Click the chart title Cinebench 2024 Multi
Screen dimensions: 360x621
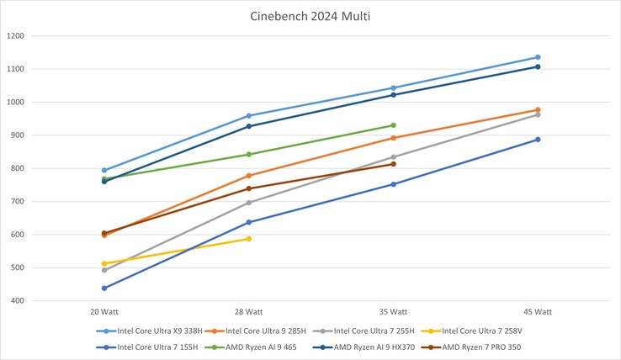pyautogui.click(x=310, y=16)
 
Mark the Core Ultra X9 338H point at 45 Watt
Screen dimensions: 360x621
pyautogui.click(x=538, y=57)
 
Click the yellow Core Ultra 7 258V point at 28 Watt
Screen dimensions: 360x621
pyautogui.click(x=248, y=239)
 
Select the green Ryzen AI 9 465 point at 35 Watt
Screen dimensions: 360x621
pyautogui.click(x=393, y=125)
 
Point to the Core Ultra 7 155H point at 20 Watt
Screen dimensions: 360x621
pyautogui.click(x=103, y=289)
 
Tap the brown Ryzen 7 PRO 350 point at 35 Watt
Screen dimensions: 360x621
pyautogui.click(x=393, y=164)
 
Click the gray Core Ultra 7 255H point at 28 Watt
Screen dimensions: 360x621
pyautogui.click(x=248, y=203)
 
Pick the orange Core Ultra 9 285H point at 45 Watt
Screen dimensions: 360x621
pyautogui.click(x=538, y=109)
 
